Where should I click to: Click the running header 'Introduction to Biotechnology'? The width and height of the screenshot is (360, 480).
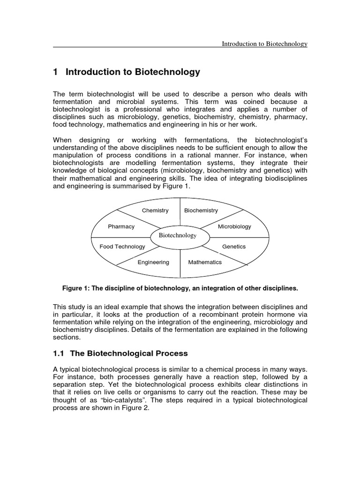(x=264, y=44)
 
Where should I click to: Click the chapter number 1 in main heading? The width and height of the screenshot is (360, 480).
(x=55, y=72)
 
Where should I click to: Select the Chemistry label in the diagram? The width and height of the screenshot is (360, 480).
(x=155, y=210)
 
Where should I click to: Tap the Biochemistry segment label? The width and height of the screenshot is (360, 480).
(x=201, y=210)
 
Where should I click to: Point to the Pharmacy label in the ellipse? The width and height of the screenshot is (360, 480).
(x=121, y=226)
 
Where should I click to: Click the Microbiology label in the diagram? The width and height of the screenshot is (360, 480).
(x=234, y=226)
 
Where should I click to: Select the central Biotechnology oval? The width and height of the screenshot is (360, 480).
(x=178, y=235)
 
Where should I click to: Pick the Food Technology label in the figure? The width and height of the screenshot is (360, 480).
(x=122, y=247)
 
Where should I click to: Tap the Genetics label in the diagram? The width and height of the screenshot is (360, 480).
(x=234, y=247)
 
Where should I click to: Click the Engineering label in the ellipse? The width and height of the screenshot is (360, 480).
(x=153, y=262)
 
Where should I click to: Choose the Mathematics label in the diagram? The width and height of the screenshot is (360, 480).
(x=205, y=262)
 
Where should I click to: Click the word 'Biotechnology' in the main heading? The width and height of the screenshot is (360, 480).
(x=167, y=72)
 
